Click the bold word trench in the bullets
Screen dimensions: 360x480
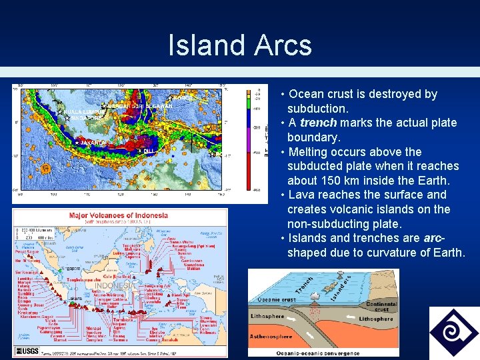point(318,123)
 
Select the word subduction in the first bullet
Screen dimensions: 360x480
point(317,108)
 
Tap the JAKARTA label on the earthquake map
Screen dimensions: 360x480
point(92,143)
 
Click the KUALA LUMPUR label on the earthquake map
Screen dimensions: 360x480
point(81,111)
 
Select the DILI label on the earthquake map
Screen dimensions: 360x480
point(149,151)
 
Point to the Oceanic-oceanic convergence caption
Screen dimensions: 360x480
point(323,353)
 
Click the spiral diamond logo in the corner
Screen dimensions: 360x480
point(453,332)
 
